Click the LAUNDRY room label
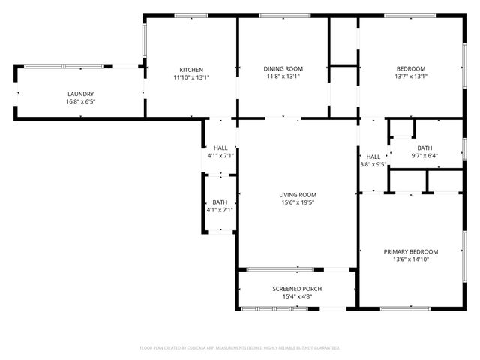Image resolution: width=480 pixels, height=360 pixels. click(x=81, y=94)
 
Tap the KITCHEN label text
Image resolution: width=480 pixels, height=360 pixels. click(x=191, y=69)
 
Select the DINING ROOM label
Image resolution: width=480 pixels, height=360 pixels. click(x=283, y=69)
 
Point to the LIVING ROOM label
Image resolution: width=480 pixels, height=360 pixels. click(x=298, y=194)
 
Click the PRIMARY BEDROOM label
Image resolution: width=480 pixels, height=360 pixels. click(x=411, y=252)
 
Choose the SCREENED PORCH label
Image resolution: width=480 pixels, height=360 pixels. click(x=298, y=288)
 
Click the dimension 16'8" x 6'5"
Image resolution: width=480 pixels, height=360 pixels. click(x=81, y=101)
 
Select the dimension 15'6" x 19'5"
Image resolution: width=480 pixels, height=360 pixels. click(x=298, y=202)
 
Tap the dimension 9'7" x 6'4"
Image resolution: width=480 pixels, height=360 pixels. click(x=425, y=156)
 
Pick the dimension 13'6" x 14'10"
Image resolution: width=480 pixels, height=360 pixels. click(x=411, y=259)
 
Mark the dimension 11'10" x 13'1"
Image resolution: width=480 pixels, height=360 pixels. click(x=191, y=76)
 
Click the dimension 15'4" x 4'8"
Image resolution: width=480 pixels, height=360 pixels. click(x=298, y=296)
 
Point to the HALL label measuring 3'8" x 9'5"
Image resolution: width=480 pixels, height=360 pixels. click(x=373, y=157)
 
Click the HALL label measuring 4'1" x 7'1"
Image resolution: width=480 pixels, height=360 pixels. click(x=220, y=148)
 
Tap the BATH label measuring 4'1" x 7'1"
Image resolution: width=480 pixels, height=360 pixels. click(x=220, y=202)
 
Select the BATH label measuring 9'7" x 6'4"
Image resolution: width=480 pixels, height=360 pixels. click(x=425, y=148)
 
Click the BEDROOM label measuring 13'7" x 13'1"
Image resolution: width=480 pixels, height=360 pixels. click(x=410, y=69)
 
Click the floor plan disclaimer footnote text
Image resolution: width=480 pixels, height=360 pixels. click(x=240, y=348)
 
